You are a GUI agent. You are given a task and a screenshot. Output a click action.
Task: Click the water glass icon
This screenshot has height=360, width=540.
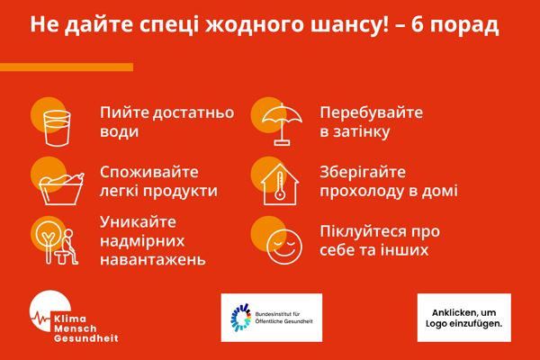(56, 127)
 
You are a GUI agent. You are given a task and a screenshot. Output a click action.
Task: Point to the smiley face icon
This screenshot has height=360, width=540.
(283, 244)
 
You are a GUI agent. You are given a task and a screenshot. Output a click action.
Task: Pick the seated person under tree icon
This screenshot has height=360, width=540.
(56, 242)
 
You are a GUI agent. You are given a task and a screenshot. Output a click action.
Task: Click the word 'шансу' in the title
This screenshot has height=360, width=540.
(337, 23)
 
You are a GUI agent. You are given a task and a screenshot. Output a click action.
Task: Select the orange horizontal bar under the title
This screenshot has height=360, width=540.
(67, 67)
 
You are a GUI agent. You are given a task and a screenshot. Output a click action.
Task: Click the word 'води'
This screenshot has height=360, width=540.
(120, 132)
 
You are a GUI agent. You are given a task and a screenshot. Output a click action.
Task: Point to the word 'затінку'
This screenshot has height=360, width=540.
(355, 132)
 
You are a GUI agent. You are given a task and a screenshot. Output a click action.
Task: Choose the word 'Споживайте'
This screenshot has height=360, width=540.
(149, 172)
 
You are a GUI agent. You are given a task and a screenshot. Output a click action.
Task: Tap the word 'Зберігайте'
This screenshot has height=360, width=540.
(363, 172)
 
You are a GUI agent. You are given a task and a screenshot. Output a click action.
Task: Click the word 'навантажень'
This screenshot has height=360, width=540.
(152, 260)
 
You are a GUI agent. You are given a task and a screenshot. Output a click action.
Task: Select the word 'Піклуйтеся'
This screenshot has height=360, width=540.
(361, 231)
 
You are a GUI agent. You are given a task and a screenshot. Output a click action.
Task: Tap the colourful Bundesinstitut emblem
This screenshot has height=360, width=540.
(240, 318)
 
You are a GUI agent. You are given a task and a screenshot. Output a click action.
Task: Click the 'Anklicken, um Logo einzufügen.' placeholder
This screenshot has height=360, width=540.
(463, 318)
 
